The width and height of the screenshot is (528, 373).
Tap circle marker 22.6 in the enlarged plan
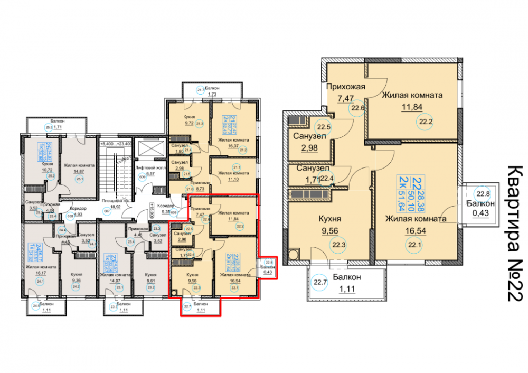point(359,108)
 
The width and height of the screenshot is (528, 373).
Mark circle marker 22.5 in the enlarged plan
point(323,127)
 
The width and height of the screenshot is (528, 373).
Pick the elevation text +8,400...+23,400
point(117,143)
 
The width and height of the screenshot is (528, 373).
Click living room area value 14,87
point(79,171)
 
